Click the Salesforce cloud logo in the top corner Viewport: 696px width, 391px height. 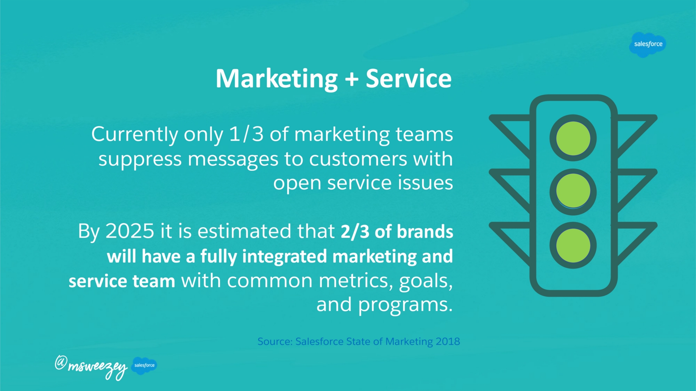tap(648, 45)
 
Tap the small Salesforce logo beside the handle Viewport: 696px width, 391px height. tap(144, 365)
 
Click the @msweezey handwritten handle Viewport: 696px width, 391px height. tap(91, 367)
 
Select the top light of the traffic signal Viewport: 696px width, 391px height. tap(573, 138)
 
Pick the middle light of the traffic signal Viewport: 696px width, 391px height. tap(573, 192)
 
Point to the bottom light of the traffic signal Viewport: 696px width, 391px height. tap(573, 245)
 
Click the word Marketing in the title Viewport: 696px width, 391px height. tap(277, 79)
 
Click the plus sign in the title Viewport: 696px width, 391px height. tap(352, 79)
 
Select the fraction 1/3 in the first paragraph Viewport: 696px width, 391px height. tap(246, 134)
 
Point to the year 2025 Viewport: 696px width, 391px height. tap(130, 231)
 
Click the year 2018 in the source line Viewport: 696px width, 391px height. tap(448, 341)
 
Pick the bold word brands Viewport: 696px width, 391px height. tap(425, 231)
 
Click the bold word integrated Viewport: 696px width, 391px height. tap(285, 257)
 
